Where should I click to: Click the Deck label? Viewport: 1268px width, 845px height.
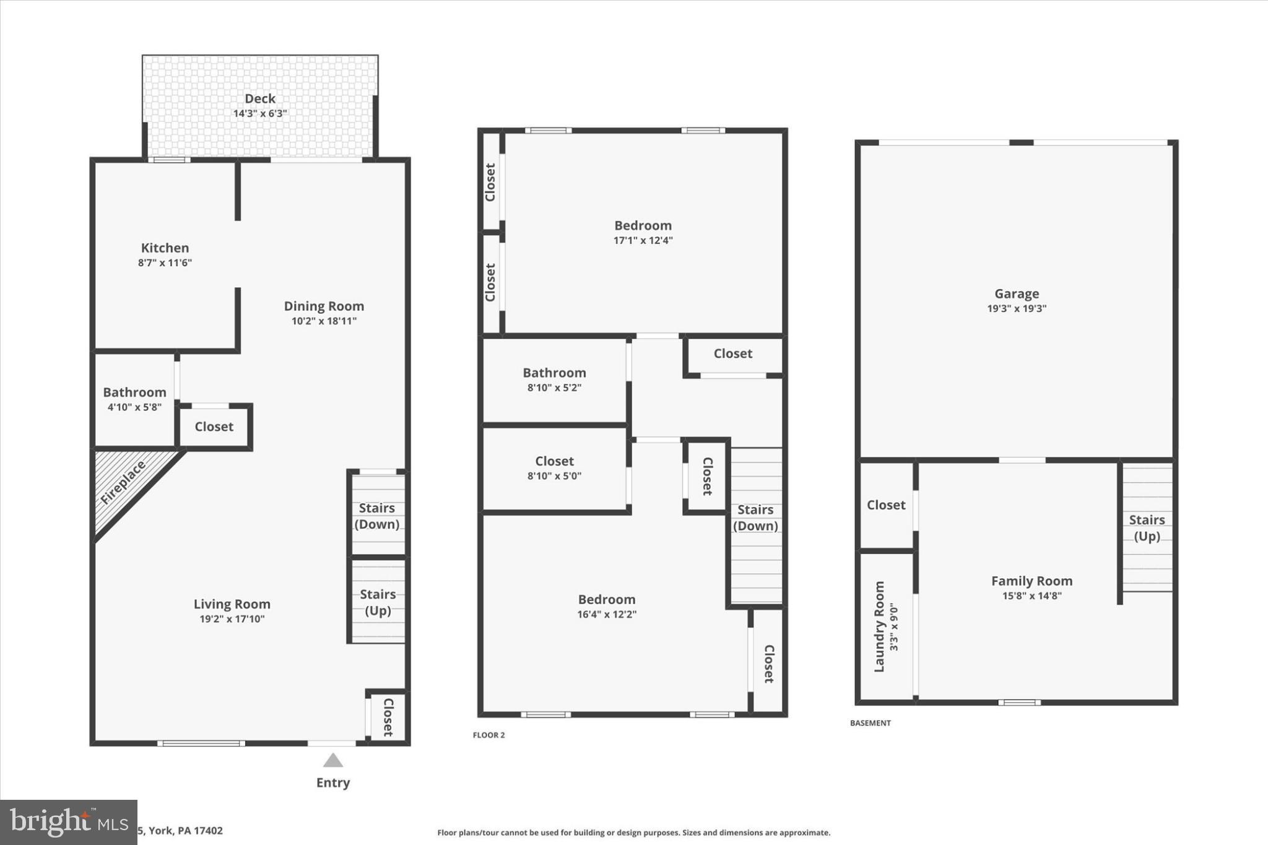(x=259, y=99)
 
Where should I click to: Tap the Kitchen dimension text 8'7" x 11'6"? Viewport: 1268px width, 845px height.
(x=165, y=263)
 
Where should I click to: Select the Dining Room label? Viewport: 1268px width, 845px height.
(x=324, y=306)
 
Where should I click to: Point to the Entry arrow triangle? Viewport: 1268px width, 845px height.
(x=333, y=760)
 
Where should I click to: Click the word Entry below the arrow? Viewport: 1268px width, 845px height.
(x=333, y=782)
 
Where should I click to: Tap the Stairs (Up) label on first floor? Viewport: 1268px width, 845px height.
(x=378, y=602)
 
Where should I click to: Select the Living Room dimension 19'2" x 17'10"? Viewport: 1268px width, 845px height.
(x=232, y=619)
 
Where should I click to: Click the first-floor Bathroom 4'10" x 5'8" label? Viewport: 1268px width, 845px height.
(x=134, y=399)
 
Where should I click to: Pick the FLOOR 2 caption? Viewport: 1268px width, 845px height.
(x=489, y=735)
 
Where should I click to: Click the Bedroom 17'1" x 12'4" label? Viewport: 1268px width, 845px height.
(x=643, y=232)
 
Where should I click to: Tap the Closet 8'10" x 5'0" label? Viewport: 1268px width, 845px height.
(x=554, y=468)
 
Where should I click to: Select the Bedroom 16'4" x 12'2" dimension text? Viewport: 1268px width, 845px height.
(x=607, y=615)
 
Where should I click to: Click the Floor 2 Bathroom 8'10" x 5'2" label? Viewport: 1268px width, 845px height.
(x=554, y=379)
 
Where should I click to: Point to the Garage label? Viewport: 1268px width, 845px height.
(x=1017, y=294)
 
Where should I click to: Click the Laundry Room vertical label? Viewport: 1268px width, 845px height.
(x=879, y=626)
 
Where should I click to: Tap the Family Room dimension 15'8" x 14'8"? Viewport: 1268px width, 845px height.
(x=1031, y=596)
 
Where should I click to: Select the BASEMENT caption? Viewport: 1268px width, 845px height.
(x=870, y=723)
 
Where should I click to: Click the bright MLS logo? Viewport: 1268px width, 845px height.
(x=68, y=822)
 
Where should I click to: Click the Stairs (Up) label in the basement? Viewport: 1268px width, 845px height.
(x=1147, y=528)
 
